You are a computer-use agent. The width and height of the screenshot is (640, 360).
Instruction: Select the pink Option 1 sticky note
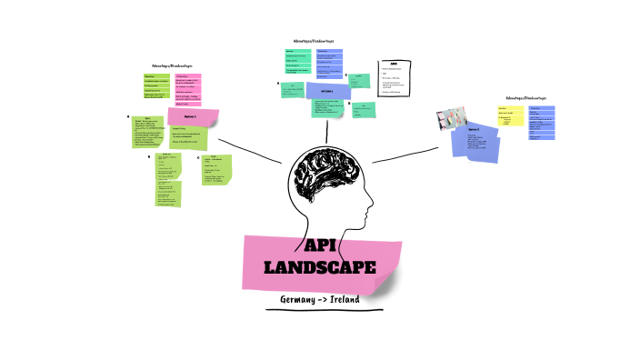click(x=194, y=118)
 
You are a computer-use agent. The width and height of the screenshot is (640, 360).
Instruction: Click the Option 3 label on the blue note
click(x=475, y=129)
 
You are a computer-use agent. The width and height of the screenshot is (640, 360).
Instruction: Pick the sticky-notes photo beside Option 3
click(x=451, y=119)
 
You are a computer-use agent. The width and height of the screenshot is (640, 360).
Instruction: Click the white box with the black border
click(x=394, y=76)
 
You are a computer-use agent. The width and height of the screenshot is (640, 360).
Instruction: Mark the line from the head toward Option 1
click(x=250, y=150)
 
